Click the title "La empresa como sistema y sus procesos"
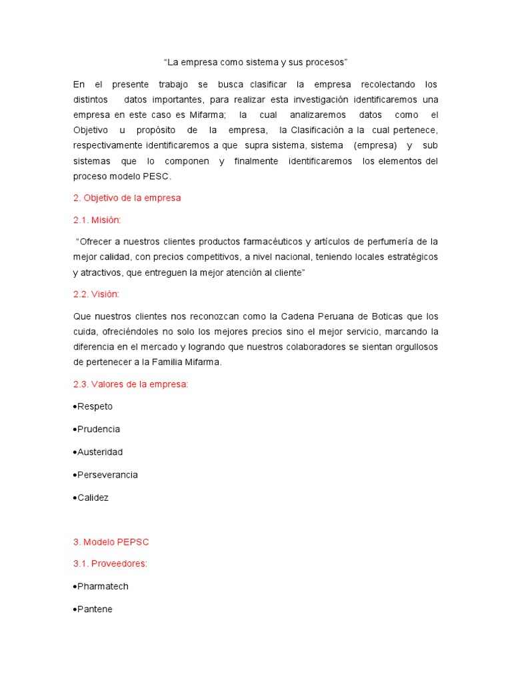pos(256,62)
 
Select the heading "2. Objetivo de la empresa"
pos(127,198)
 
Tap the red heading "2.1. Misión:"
pos(97,219)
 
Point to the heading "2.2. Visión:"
pos(96,294)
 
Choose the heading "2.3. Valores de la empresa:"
pos(131,384)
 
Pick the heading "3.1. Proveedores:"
pos(110,563)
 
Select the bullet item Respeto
pos(95,406)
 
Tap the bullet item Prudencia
pos(98,429)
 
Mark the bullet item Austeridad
pos(100,452)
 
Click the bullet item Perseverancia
pos(107,475)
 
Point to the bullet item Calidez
pos(93,498)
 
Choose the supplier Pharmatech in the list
pos(103,586)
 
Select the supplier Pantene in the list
pos(95,609)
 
